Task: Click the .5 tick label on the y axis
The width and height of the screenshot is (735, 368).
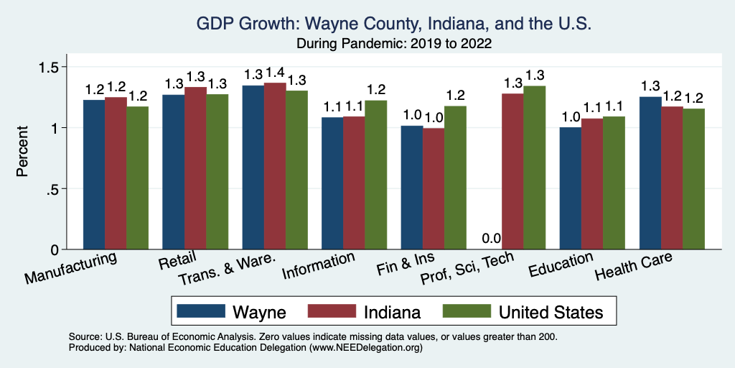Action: tap(57, 189)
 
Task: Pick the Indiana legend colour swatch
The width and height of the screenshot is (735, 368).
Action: tap(332, 311)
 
